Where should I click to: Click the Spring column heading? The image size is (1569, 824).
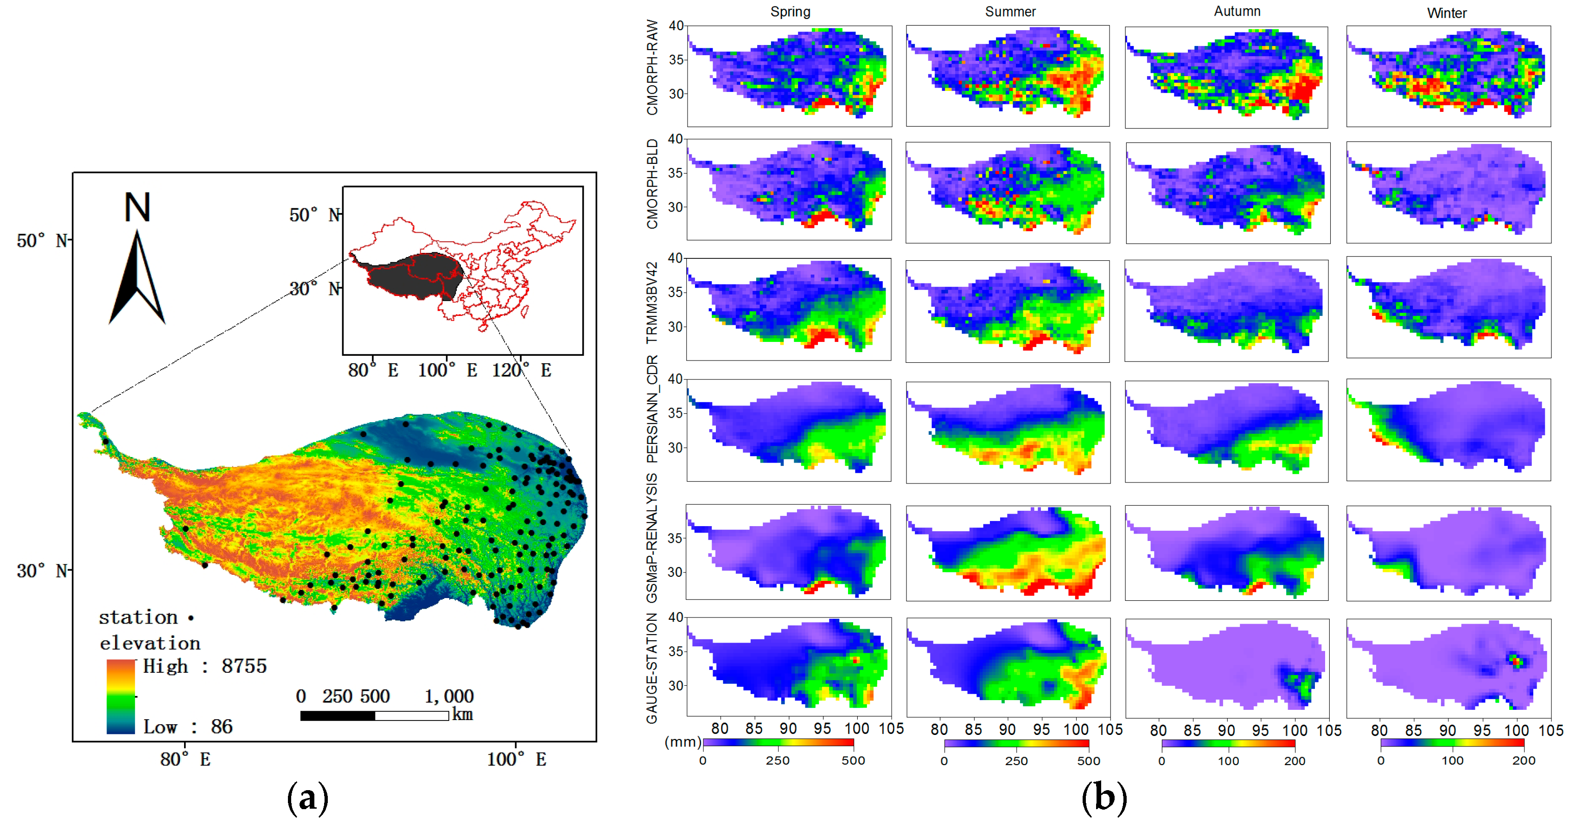pyautogui.click(x=790, y=12)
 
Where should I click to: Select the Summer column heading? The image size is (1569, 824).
pyautogui.click(x=1010, y=12)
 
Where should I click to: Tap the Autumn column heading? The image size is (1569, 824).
pyautogui.click(x=1237, y=11)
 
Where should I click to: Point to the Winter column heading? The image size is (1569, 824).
pyautogui.click(x=1447, y=13)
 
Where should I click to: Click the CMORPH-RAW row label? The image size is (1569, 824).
pyautogui.click(x=652, y=67)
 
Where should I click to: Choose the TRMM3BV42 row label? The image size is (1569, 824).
pyautogui.click(x=652, y=303)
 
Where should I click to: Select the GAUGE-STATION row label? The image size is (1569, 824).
pyautogui.click(x=652, y=669)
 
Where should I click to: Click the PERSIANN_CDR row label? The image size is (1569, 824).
pyautogui.click(x=652, y=410)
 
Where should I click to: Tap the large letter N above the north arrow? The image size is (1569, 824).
pyautogui.click(x=137, y=208)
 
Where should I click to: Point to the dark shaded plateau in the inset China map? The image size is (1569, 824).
pyautogui.click(x=414, y=274)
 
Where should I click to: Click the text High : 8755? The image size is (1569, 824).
pyautogui.click(x=204, y=666)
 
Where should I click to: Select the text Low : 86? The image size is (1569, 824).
pyautogui.click(x=188, y=727)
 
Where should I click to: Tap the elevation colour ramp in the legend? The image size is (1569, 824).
pyautogui.click(x=121, y=696)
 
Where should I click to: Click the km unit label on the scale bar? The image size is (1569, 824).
pyautogui.click(x=462, y=715)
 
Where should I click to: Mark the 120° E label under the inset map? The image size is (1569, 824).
pyautogui.click(x=521, y=370)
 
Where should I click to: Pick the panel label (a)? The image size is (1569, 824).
pyautogui.click(x=307, y=798)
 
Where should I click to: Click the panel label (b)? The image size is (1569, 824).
pyautogui.click(x=1103, y=798)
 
